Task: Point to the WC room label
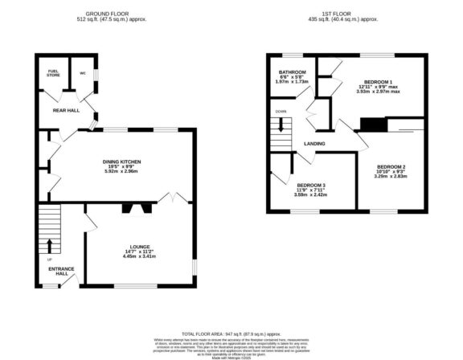[x=82, y=72]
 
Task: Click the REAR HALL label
[x=65, y=110]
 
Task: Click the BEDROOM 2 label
[x=391, y=166]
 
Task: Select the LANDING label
[x=314, y=144]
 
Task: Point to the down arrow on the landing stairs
[x=281, y=125]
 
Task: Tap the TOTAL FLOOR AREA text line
[x=231, y=332]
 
